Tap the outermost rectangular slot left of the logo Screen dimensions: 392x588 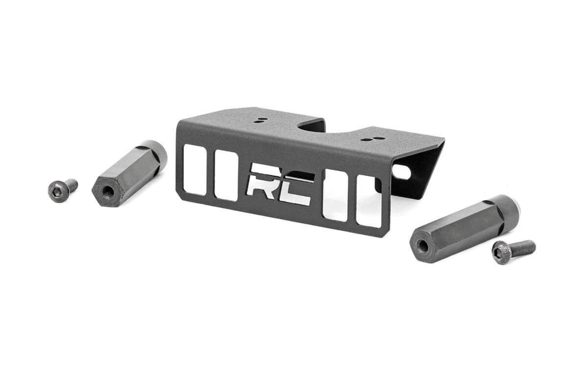(x=195, y=170)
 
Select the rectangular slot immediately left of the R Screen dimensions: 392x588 (x=226, y=175)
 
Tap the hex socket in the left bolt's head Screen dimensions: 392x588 (x=57, y=192)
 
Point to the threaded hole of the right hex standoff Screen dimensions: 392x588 (x=423, y=245)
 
